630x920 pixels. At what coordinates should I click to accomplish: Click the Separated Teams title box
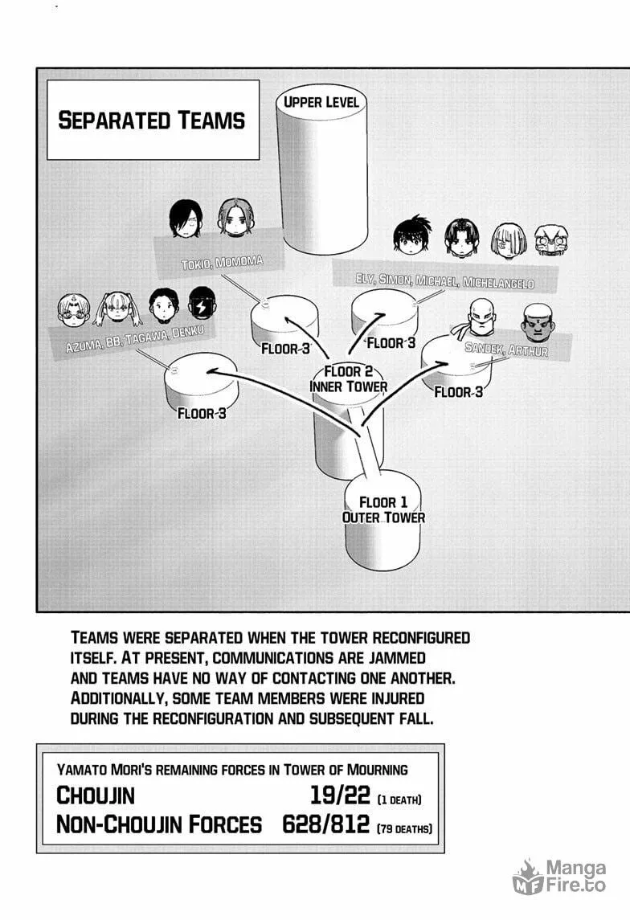(153, 120)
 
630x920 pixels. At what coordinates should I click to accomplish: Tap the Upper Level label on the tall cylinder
(321, 102)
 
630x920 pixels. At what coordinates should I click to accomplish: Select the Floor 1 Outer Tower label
(383, 510)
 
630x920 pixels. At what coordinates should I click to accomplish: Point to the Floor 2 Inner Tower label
(349, 379)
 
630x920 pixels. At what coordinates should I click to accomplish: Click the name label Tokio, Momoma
(222, 262)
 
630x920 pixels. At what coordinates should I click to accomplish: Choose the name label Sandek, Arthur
(506, 349)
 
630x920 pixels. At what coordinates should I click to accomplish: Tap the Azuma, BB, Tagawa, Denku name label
(135, 339)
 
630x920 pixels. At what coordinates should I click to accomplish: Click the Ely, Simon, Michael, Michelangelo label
(444, 281)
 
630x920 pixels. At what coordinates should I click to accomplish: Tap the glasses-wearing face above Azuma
(75, 309)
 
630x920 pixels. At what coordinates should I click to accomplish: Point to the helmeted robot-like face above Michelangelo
(551, 242)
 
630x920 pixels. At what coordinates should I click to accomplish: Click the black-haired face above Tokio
(186, 219)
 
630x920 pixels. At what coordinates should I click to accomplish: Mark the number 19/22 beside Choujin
(340, 795)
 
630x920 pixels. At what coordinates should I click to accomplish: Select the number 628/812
(325, 824)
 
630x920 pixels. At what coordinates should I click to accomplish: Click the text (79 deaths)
(404, 828)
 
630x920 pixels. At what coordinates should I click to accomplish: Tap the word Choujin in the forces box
(96, 795)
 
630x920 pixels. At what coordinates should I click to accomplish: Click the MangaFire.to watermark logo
(559, 877)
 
